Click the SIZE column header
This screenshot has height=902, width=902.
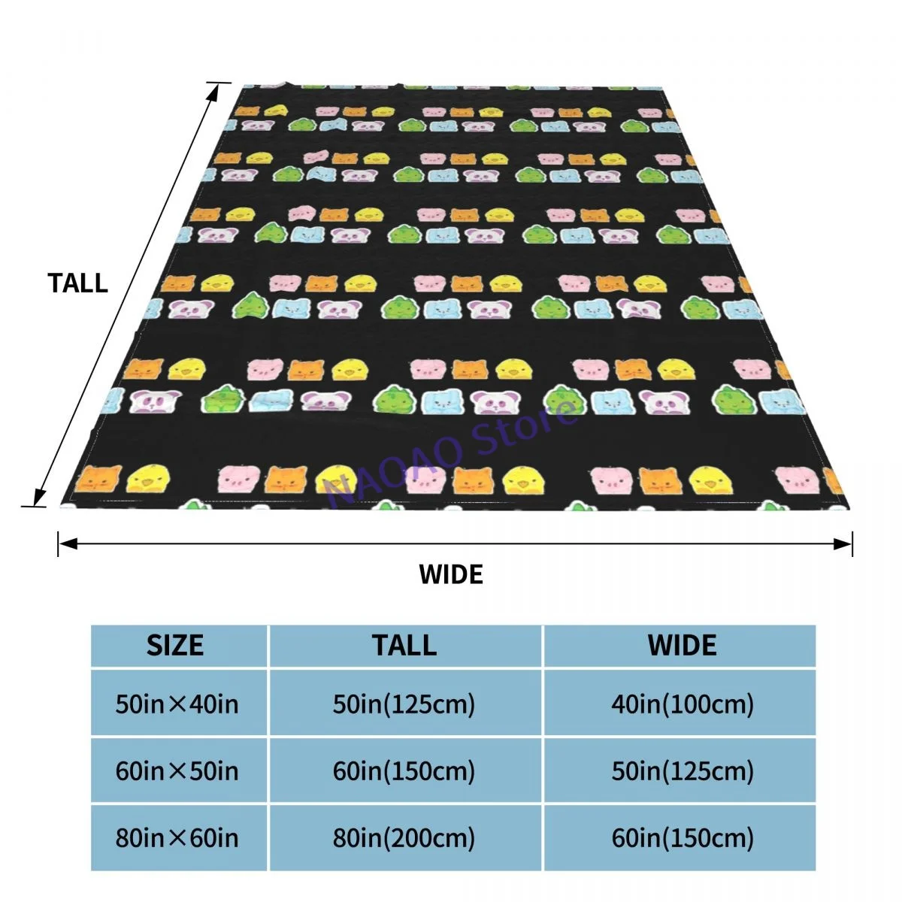(175, 646)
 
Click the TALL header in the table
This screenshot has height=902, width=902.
(404, 646)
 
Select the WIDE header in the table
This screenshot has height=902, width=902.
(682, 646)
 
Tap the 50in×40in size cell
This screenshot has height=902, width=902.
(177, 704)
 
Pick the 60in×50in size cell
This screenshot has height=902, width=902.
(177, 771)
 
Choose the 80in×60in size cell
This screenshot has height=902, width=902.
(177, 837)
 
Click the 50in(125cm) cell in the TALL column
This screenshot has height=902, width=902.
(404, 704)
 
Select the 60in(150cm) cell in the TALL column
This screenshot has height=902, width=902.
(404, 771)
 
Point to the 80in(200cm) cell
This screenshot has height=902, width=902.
(404, 837)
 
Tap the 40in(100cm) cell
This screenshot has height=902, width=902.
(682, 704)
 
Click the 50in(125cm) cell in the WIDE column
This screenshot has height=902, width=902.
(682, 771)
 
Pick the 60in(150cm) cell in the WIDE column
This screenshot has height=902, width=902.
(682, 837)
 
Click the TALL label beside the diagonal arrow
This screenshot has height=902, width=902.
(78, 283)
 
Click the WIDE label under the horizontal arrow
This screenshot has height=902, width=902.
(451, 574)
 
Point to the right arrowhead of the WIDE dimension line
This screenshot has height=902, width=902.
(845, 543)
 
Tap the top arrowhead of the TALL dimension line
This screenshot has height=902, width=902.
(214, 89)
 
